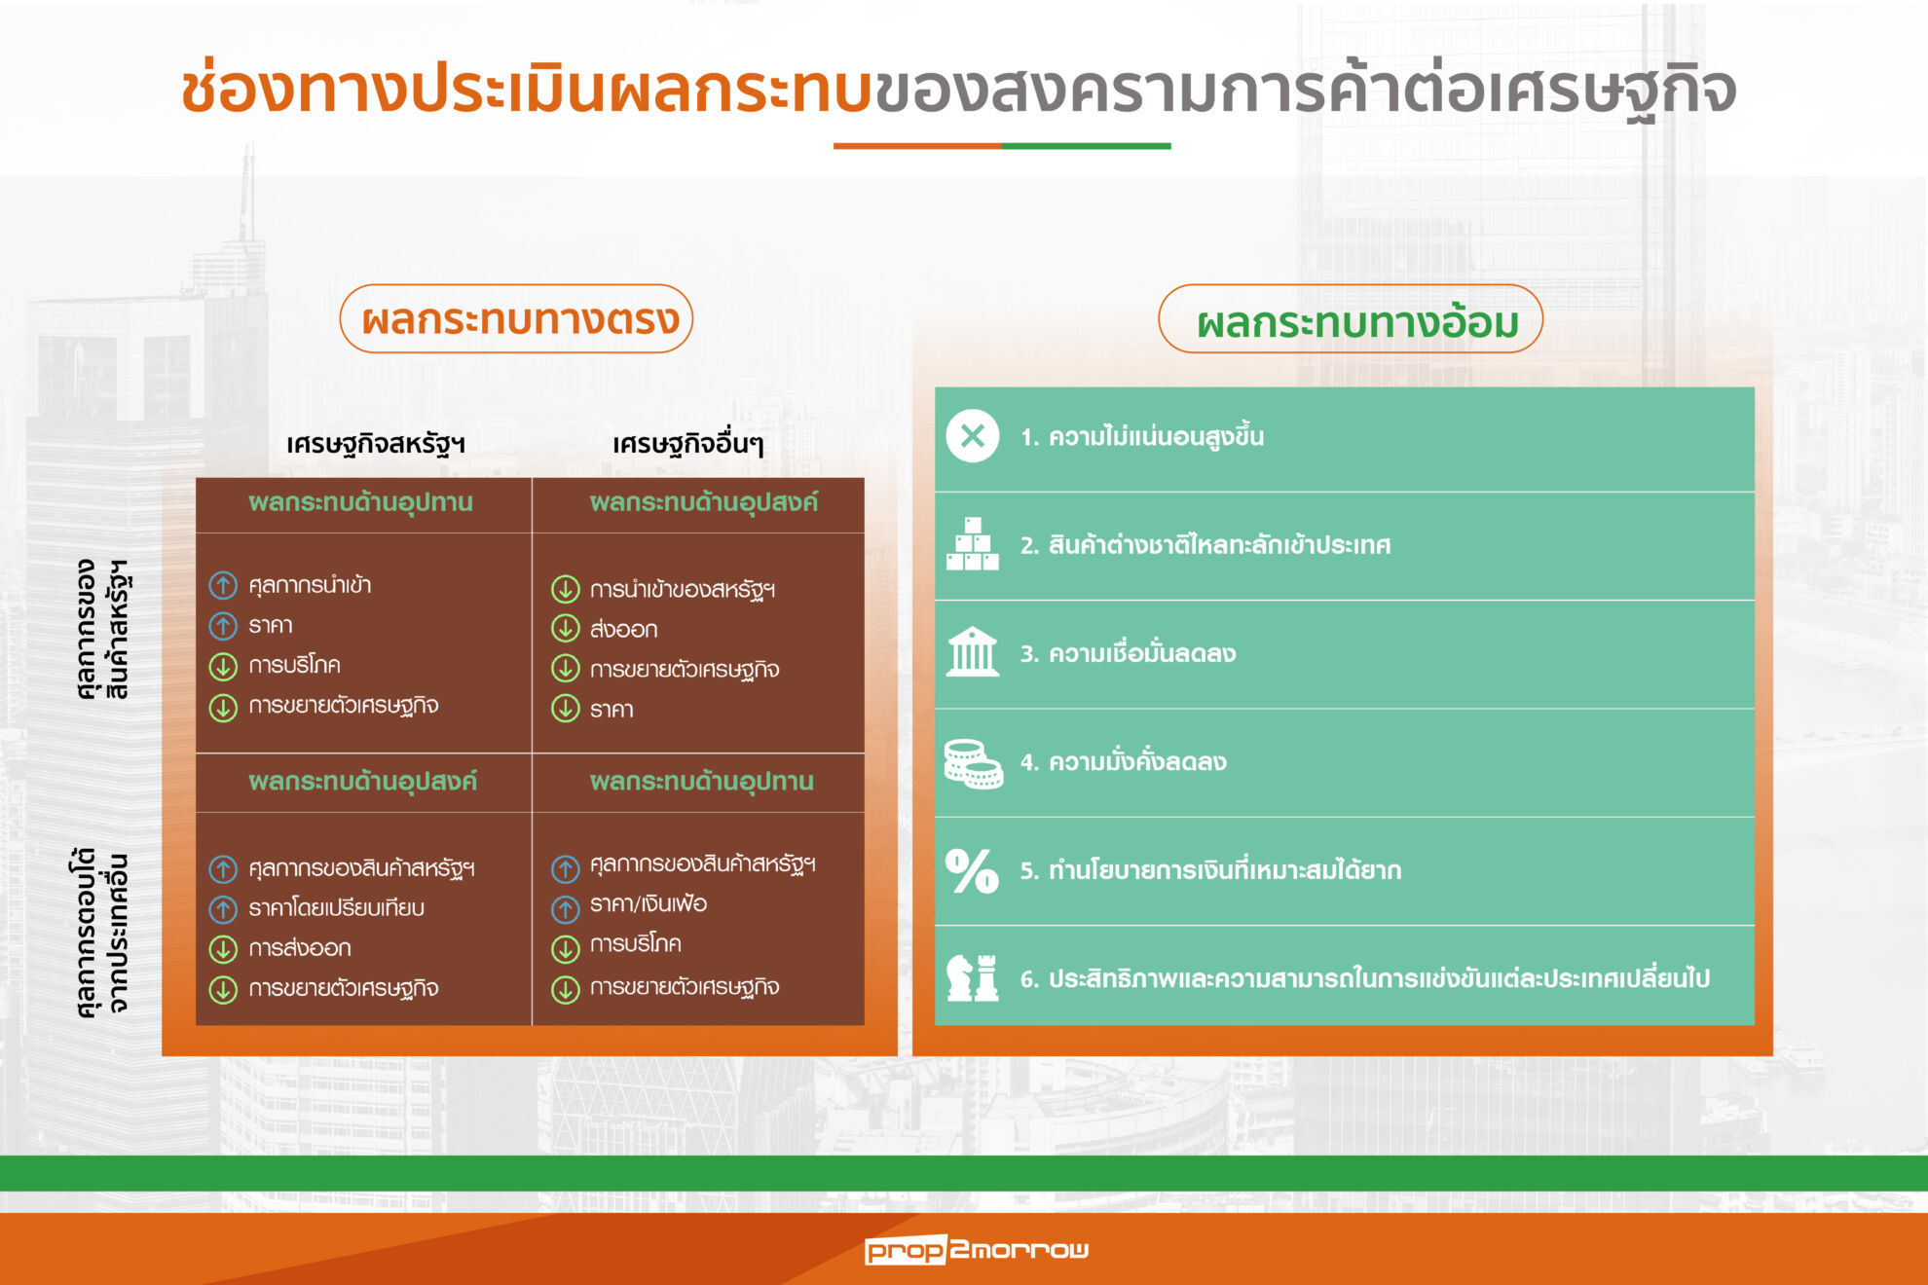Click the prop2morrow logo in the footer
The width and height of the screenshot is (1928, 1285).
tap(976, 1249)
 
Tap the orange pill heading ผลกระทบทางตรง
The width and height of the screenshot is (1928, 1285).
tap(516, 318)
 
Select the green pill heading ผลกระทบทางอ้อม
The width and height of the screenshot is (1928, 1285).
tap(1351, 319)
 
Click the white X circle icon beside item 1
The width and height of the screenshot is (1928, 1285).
tap(972, 436)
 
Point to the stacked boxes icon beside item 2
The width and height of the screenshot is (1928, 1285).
tap(972, 544)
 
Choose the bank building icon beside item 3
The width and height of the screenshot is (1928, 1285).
tap(972, 652)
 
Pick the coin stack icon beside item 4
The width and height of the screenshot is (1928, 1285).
tap(973, 763)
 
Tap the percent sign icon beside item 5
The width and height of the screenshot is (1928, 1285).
tap(972, 870)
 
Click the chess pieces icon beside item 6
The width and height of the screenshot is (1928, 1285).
tap(973, 977)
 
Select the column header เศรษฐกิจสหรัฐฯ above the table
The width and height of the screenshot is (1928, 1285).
tap(376, 444)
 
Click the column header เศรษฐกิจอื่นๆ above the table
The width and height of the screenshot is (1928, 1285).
tap(687, 444)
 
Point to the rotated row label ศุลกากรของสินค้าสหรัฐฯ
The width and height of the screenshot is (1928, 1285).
tap(102, 629)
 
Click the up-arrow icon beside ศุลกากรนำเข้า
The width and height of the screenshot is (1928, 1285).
tap(223, 585)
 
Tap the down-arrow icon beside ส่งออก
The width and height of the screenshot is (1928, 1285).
tap(565, 629)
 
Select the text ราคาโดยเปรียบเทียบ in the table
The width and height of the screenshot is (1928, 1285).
tap(336, 907)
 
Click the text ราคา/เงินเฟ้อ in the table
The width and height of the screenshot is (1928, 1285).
tap(649, 903)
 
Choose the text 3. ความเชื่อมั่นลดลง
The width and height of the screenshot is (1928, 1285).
tap(1128, 653)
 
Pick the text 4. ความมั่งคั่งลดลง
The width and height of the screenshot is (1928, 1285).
tap(1123, 761)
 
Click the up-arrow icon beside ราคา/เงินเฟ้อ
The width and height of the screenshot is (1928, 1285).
tap(565, 908)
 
